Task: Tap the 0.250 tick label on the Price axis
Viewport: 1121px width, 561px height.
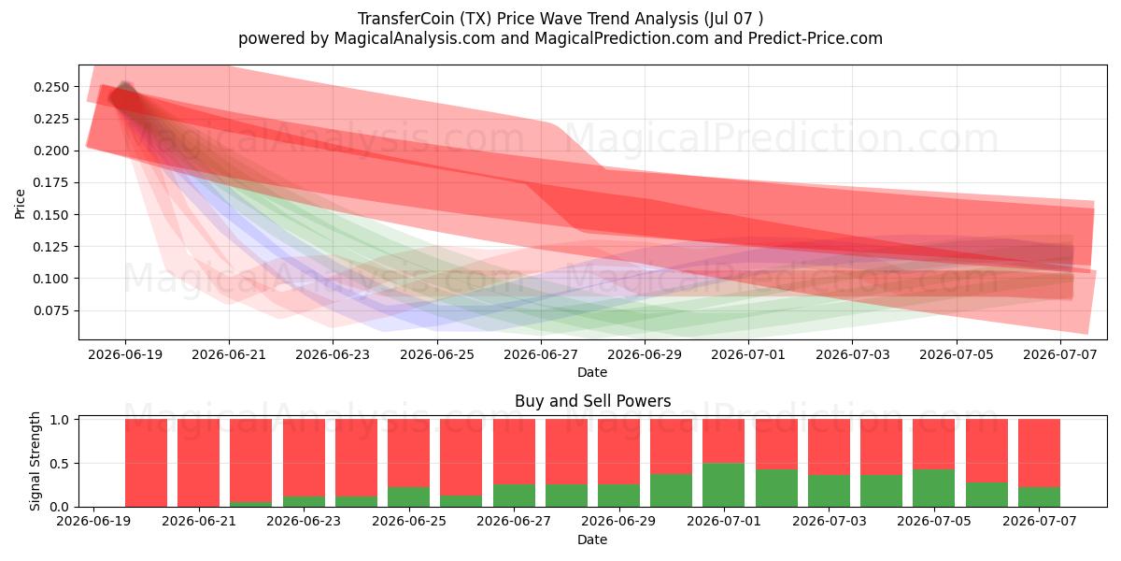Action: pos(51,87)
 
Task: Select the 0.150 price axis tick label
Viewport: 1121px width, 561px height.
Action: pos(51,215)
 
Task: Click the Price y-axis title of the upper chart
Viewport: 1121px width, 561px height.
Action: pos(20,204)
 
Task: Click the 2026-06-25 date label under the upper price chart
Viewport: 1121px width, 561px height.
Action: pos(437,354)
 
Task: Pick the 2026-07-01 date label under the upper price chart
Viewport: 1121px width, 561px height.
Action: pos(748,354)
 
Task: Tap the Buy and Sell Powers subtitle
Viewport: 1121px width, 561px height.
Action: pos(592,401)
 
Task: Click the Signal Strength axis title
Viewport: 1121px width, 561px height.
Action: pos(35,461)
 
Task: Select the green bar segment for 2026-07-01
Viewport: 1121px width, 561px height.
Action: pos(723,485)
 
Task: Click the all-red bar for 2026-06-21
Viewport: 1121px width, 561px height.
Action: pos(198,463)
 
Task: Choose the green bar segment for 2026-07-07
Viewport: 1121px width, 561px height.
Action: pos(1039,496)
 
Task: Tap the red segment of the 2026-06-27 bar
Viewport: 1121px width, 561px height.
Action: pos(514,452)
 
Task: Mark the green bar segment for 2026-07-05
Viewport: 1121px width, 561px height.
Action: pos(933,488)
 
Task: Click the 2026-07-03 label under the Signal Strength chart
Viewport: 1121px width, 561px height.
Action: pos(830,521)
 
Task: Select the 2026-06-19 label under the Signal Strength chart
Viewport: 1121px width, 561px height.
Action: pos(93,521)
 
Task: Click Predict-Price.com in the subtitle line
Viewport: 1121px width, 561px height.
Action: pos(816,38)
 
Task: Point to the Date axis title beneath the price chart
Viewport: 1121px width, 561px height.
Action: pos(592,372)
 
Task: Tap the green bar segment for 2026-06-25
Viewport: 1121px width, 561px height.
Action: pos(408,496)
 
